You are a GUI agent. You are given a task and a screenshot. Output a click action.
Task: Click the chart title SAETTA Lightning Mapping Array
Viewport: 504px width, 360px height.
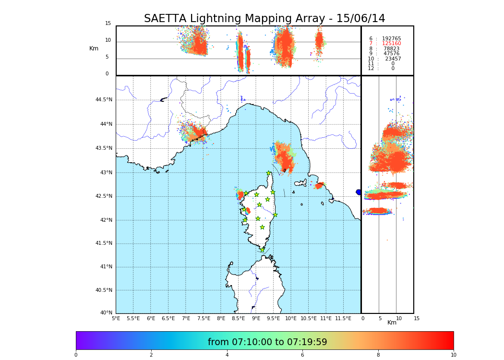click(264, 19)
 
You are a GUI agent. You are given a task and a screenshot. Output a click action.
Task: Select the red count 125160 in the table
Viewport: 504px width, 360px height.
click(391, 44)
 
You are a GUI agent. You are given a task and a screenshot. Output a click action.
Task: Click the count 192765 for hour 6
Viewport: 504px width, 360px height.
click(391, 39)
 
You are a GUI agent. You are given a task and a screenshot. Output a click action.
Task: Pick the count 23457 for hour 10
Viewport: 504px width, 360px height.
click(393, 59)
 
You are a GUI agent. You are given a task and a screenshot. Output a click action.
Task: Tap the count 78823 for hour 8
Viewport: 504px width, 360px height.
click(391, 49)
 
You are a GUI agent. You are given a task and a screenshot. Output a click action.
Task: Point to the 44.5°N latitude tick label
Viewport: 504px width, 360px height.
click(103, 100)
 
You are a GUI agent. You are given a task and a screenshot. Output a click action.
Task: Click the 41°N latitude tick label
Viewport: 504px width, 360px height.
click(105, 267)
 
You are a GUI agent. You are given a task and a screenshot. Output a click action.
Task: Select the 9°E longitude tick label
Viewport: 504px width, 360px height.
click(256, 318)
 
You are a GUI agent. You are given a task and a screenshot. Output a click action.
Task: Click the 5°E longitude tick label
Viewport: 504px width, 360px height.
click(116, 318)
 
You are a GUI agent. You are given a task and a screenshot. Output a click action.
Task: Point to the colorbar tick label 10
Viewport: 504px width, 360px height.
click(453, 355)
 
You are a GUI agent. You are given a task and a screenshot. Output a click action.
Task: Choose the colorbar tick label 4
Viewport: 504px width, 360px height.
click(227, 355)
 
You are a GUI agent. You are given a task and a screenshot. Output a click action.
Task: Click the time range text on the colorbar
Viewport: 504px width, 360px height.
click(267, 342)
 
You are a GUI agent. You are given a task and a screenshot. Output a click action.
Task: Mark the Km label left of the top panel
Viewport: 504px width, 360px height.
click(94, 48)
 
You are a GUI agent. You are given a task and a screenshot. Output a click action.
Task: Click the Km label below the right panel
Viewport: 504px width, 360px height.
click(392, 323)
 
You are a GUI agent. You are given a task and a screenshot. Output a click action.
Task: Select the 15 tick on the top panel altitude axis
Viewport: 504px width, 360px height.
click(108, 24)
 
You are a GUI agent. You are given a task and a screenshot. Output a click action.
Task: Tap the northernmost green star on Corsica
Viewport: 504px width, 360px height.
click(269, 173)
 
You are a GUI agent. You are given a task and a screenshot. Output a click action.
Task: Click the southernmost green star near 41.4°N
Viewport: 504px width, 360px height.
click(262, 250)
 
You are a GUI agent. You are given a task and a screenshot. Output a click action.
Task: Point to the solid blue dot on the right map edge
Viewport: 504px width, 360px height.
click(359, 192)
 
